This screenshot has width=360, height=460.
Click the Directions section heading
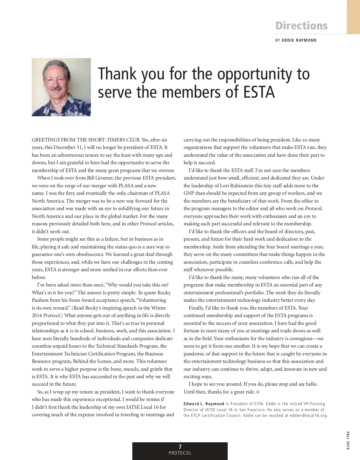[301, 26]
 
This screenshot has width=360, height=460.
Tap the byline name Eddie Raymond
[299, 40]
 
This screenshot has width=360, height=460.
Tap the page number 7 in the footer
[180, 447]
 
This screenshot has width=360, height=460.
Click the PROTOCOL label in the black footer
[180, 453]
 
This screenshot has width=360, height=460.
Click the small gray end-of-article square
[258, 392]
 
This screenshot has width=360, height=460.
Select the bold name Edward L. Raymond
[204, 404]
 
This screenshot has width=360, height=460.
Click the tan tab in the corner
[353, 17]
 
